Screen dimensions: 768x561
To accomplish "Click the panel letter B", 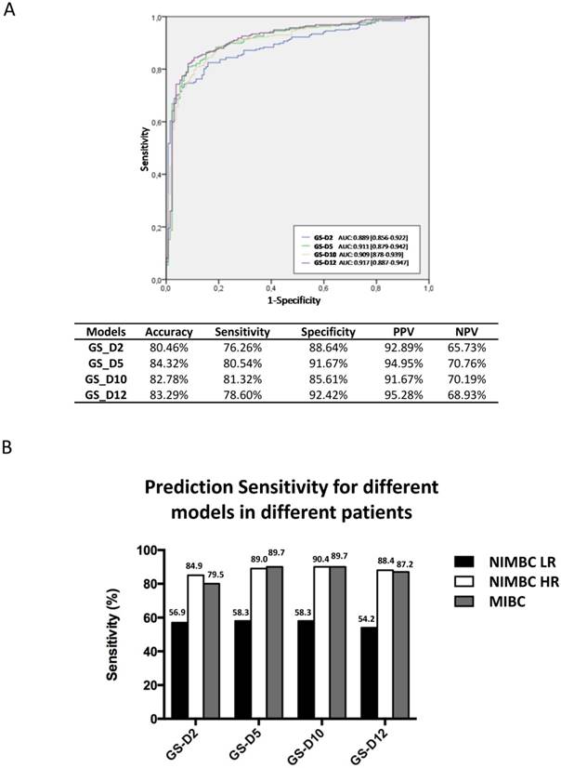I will point(11,446).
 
